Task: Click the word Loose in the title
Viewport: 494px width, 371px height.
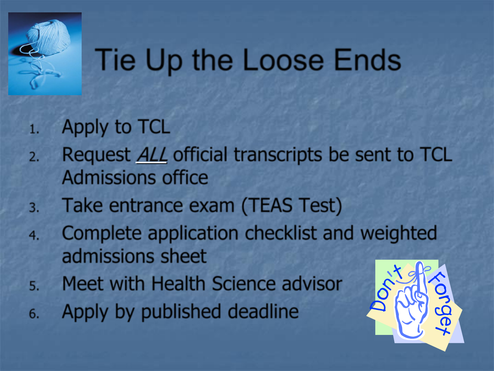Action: [283, 60]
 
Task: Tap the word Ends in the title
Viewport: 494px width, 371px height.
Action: [367, 60]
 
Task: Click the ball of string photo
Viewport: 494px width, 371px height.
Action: [45, 54]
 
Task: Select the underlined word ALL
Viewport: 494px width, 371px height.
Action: [152, 155]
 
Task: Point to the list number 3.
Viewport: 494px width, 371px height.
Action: [34, 208]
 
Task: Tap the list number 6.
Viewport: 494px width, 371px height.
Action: [34, 314]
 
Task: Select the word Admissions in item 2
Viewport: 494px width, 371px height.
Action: [109, 178]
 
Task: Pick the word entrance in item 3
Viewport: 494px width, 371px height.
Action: [146, 206]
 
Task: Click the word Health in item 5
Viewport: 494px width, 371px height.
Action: [178, 283]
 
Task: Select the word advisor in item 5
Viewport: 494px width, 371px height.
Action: [312, 283]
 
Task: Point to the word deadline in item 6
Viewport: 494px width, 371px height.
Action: [263, 312]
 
